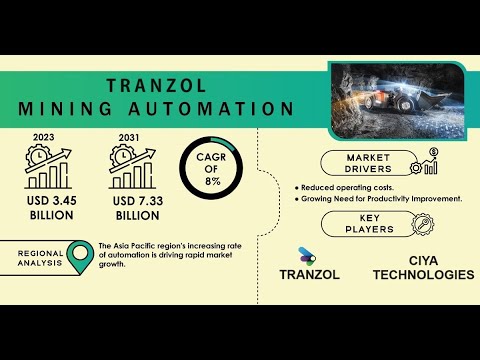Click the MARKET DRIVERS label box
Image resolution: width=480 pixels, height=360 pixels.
(x=368, y=164)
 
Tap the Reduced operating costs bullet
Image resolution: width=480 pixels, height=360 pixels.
(x=344, y=188)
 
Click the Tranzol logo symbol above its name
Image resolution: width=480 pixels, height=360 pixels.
(x=307, y=255)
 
